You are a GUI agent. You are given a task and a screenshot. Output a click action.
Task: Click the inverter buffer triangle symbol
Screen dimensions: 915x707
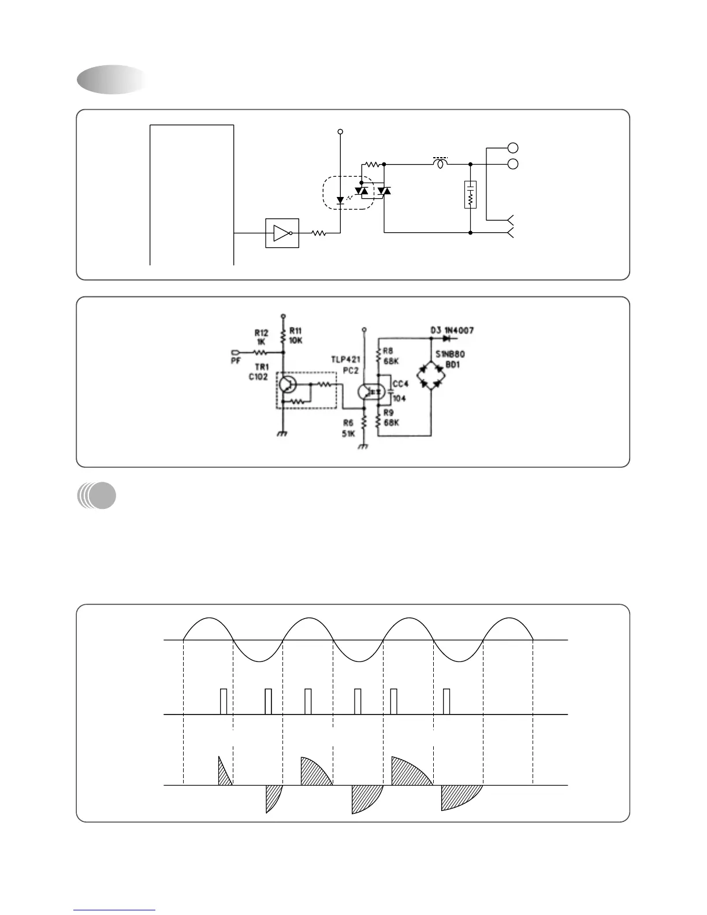(281, 233)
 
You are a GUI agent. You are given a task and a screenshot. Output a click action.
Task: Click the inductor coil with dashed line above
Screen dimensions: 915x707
(441, 164)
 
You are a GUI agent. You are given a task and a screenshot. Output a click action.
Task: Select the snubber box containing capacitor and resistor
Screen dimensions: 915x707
(471, 195)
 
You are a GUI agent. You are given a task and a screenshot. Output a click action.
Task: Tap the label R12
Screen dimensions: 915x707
(261, 333)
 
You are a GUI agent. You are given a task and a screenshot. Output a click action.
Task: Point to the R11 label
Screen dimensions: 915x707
(295, 330)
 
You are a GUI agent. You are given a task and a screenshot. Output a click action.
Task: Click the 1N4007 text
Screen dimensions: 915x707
(459, 330)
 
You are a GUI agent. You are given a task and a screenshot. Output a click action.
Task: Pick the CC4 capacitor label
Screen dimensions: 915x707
(400, 384)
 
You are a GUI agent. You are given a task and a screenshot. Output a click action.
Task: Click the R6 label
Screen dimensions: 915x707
(348, 423)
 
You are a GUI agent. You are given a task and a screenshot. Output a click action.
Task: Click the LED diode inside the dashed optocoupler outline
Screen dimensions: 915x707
(340, 200)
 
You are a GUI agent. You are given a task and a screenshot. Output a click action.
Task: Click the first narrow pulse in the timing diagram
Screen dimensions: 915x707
(224, 701)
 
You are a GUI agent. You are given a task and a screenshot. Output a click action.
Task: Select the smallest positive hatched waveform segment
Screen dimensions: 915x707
(224, 773)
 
